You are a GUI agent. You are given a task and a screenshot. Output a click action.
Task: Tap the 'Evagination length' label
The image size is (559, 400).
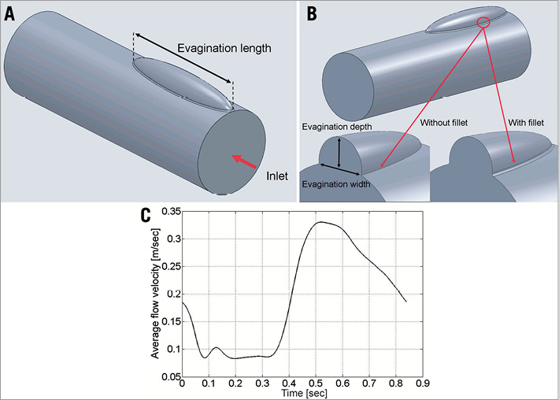click(225, 48)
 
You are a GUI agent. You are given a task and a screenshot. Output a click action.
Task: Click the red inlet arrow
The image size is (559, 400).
click(243, 161)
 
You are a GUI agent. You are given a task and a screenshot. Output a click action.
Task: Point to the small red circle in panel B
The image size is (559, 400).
click(484, 23)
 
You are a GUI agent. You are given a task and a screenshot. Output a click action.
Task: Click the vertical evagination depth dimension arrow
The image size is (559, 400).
click(339, 152)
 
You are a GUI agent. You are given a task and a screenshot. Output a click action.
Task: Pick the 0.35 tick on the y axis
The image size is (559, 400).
click(168, 212)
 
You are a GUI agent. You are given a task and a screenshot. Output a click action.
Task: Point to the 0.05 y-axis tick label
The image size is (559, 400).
click(168, 377)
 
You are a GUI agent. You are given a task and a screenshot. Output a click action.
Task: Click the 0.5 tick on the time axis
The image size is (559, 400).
click(395, 385)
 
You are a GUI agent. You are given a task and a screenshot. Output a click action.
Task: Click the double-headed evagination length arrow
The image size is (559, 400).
click(183, 60)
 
